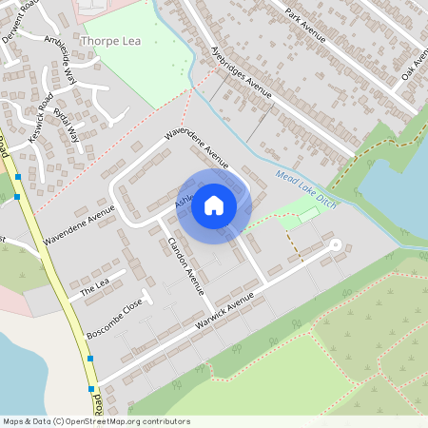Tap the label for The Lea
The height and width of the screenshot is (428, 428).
coord(95,282)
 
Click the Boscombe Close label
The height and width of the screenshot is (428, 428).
coord(114,319)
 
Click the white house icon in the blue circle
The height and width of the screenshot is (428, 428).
coord(214,204)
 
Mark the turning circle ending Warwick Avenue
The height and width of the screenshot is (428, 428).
coord(335,244)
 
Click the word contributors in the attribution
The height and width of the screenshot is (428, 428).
coord(169,419)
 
